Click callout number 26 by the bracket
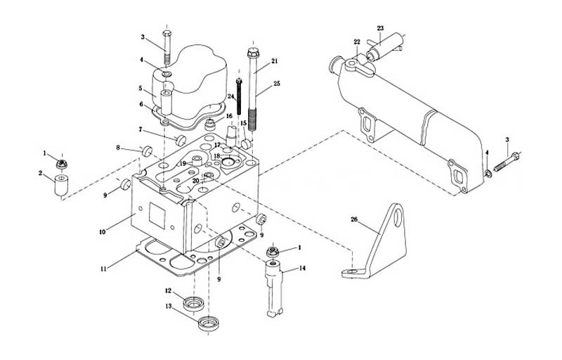tap(354, 219)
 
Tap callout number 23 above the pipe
tap(380, 28)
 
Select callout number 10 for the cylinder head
tap(102, 232)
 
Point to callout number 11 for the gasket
tap(103, 269)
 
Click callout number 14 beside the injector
tap(302, 268)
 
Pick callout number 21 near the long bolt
tap(274, 61)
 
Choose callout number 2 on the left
tap(40, 173)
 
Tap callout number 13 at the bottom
tap(168, 307)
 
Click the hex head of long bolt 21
tap(253, 54)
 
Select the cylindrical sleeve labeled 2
tap(61, 185)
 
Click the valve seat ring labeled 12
tap(194, 304)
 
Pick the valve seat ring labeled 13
tap(209, 323)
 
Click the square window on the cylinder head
tap(157, 215)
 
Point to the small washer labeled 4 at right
tap(488, 174)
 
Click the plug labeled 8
tap(148, 151)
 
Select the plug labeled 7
tap(181, 140)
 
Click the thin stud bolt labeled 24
tap(239, 97)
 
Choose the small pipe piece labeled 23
tap(384, 46)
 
